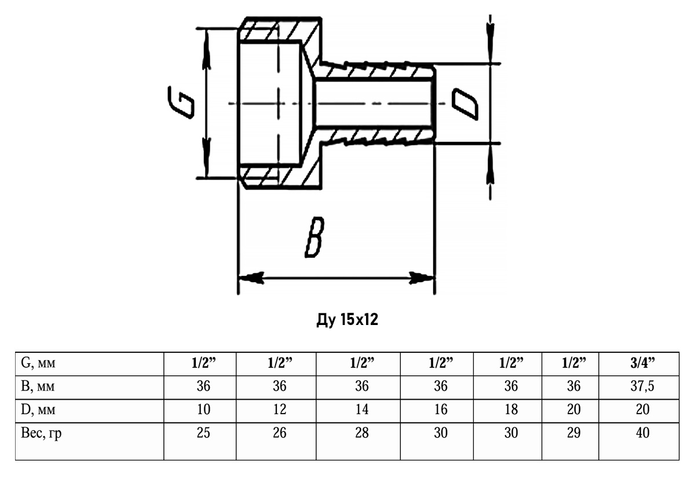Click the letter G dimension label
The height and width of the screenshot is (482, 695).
tap(181, 103)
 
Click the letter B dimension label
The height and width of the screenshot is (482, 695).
tap(314, 238)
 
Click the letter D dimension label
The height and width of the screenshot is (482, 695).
tap(464, 104)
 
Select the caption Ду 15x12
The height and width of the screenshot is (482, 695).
tap(347, 320)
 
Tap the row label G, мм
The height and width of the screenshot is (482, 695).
tap(38, 363)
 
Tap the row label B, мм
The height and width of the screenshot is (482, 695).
tap(38, 386)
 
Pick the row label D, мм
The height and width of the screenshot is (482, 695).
tap(38, 410)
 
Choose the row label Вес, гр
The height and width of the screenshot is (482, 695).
tap(41, 433)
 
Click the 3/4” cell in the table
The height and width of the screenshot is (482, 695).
tap(642, 363)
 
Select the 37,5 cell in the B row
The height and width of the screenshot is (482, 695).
tap(642, 386)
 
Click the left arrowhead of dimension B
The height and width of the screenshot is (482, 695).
tap(251, 277)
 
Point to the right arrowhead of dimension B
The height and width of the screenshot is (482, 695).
tap(422, 277)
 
